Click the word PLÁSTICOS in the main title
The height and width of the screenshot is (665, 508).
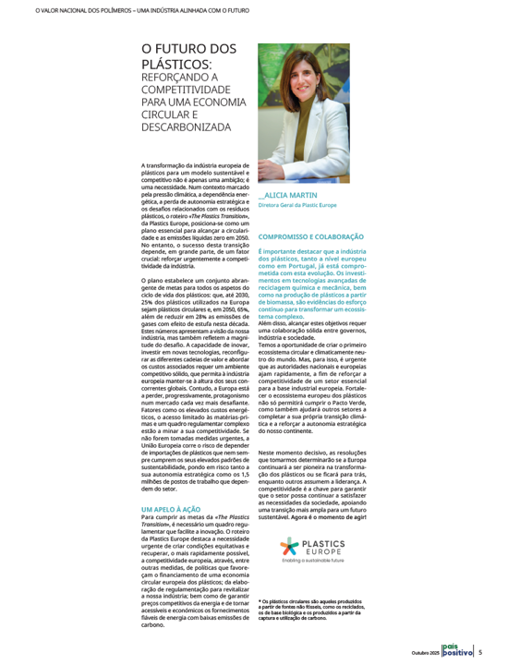pyautogui.click(x=175, y=65)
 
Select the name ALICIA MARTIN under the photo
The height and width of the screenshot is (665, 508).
pyautogui.click(x=292, y=196)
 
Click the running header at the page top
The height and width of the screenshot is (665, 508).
pyautogui.click(x=128, y=11)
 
